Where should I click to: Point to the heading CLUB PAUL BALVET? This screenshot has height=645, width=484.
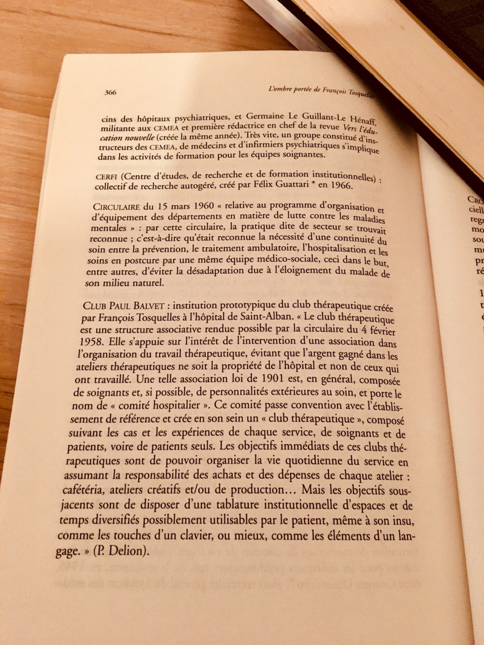point(124,306)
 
